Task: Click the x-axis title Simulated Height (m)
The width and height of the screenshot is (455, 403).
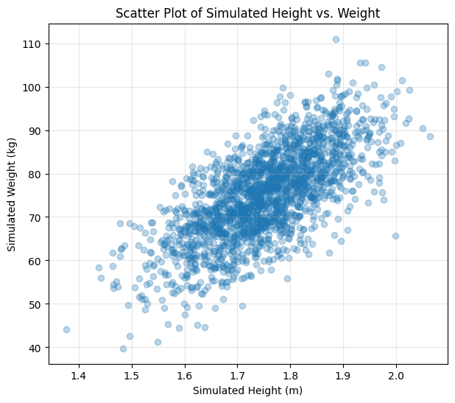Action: point(248,390)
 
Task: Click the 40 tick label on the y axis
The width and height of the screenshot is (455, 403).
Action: point(35,348)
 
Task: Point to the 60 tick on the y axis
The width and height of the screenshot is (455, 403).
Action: point(35,261)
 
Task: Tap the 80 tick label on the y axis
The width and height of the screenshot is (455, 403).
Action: point(35,174)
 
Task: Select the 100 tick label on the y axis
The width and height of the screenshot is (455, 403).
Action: point(32,87)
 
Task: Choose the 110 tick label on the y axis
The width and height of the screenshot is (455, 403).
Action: point(32,44)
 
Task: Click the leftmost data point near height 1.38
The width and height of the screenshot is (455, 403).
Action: point(66,329)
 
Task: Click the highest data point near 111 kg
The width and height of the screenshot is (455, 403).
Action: point(336,40)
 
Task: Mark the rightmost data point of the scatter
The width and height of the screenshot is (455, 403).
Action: point(430,136)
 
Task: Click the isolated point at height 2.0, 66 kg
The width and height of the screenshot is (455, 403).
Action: point(395,236)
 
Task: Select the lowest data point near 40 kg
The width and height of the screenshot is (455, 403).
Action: point(123,348)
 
